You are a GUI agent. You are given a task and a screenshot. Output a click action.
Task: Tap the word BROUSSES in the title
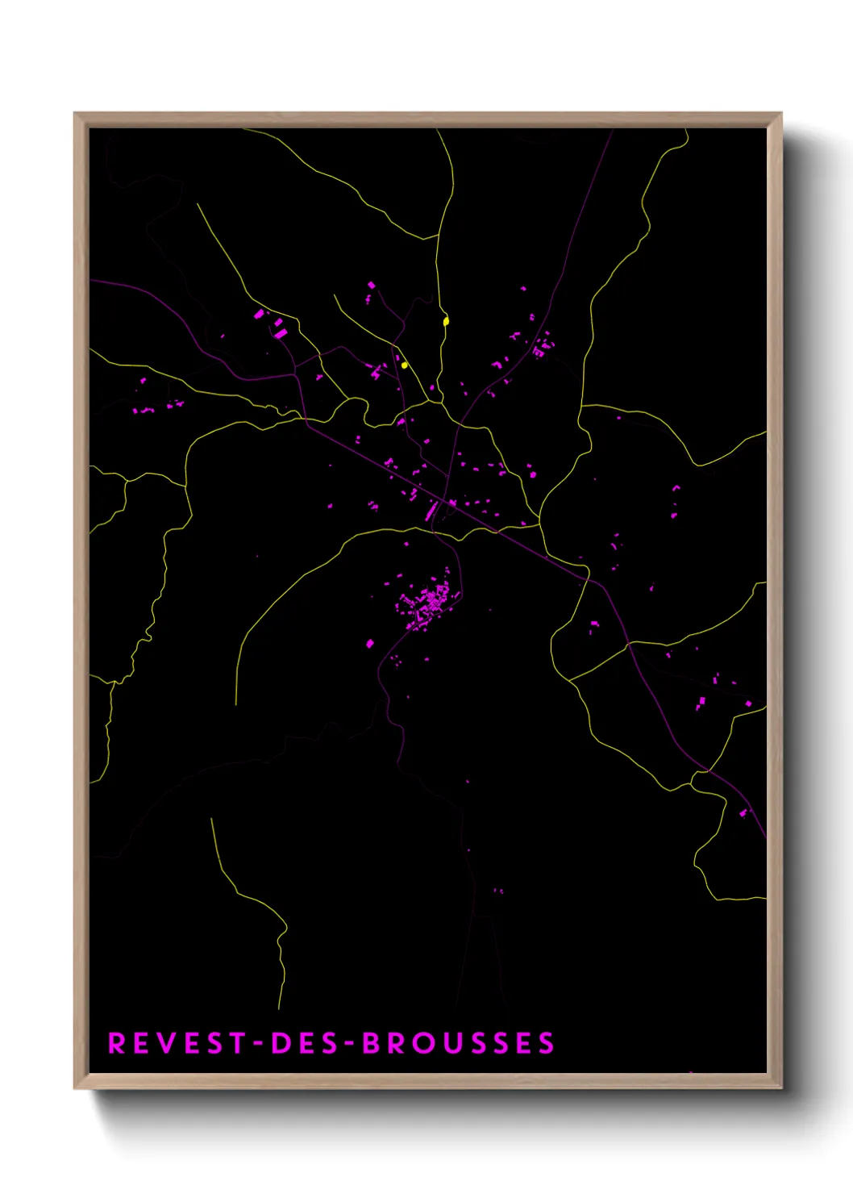(x=458, y=1043)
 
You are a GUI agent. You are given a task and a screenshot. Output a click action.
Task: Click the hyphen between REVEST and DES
(x=259, y=1044)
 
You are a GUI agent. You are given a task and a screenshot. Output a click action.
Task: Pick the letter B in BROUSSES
(x=371, y=1043)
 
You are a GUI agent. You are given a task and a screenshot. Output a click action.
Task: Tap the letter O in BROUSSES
(x=426, y=1043)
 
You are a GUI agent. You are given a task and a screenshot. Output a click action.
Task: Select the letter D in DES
(x=280, y=1043)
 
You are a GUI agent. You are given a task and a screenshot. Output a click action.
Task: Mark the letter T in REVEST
(x=238, y=1043)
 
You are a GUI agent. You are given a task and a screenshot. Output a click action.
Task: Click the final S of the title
(x=547, y=1043)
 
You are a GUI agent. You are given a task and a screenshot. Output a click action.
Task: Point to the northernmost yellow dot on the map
(x=446, y=321)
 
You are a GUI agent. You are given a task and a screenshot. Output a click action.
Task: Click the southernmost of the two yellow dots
(x=404, y=365)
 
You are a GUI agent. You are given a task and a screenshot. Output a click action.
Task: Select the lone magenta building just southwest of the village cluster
(x=370, y=644)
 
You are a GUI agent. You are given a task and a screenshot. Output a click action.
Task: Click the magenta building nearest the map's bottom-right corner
(x=744, y=813)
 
